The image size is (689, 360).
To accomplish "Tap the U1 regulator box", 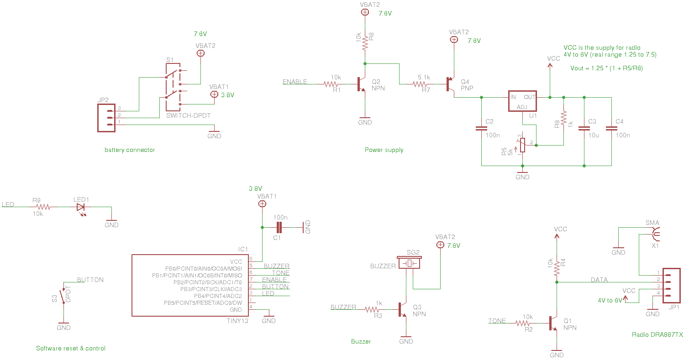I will click(x=522, y=101).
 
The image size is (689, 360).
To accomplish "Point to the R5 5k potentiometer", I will click(x=522, y=145).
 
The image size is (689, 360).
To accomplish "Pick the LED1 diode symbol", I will click(x=82, y=207).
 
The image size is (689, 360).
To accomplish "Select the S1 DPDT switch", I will click(x=173, y=87).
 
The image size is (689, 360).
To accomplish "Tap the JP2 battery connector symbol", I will click(x=106, y=118).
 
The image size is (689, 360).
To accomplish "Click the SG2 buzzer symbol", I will click(x=410, y=263).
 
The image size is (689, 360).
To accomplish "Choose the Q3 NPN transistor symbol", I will click(x=403, y=309).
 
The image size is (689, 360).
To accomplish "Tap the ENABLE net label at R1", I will click(x=295, y=82).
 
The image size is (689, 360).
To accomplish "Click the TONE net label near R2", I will click(x=497, y=321).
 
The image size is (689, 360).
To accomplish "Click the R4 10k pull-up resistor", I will click(x=557, y=269).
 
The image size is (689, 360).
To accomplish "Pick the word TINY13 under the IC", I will click(x=237, y=321).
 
